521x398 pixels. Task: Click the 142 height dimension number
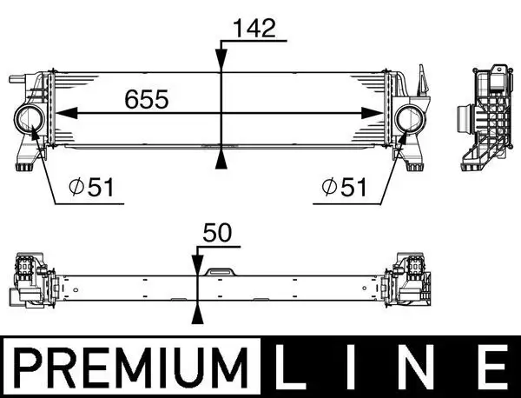point(253,28)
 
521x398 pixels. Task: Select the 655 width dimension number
point(147,98)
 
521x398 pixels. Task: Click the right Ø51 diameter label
point(342,187)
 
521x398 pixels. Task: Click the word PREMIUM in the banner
point(127,369)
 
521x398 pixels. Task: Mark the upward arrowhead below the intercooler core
point(222,157)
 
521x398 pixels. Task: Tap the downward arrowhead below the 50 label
point(198,266)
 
